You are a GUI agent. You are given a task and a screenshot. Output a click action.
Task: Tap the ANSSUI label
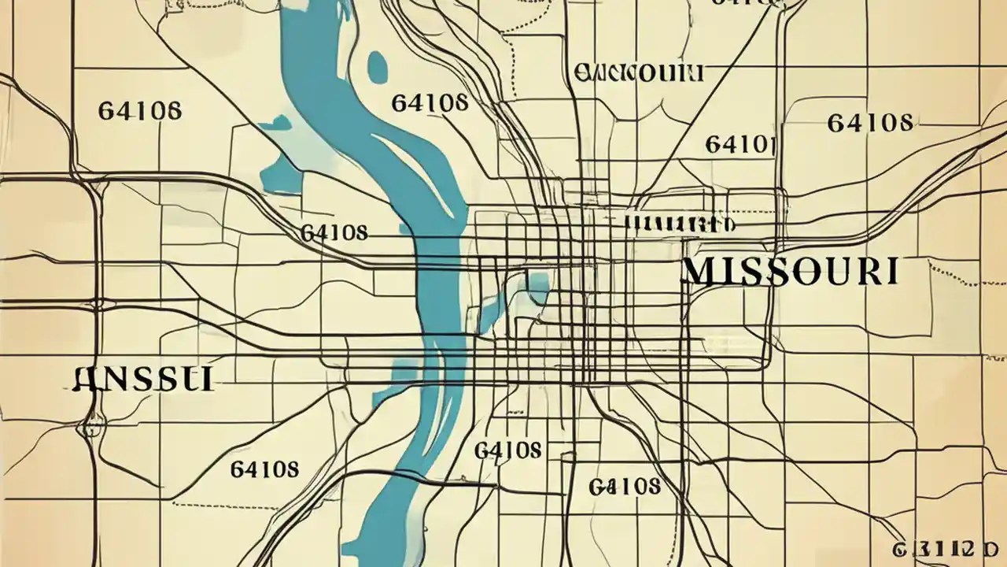tap(142, 379)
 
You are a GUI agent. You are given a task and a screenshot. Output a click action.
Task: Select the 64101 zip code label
tap(740, 143)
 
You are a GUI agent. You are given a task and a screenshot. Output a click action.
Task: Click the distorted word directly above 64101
tap(638, 73)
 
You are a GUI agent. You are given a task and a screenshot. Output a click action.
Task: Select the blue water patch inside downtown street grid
tap(537, 288)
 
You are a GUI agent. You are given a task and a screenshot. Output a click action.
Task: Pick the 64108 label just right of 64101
tap(869, 123)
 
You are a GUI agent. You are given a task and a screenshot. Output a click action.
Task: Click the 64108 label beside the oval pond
tap(430, 102)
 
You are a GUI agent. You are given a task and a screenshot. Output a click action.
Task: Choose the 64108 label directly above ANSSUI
tap(139, 109)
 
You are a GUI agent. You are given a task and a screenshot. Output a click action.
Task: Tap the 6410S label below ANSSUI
tap(264, 469)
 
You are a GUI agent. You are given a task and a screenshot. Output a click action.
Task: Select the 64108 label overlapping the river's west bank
tap(334, 233)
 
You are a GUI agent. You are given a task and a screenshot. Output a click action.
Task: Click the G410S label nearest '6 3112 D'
tap(624, 486)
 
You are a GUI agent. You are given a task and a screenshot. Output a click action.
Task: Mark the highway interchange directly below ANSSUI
tap(93, 429)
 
